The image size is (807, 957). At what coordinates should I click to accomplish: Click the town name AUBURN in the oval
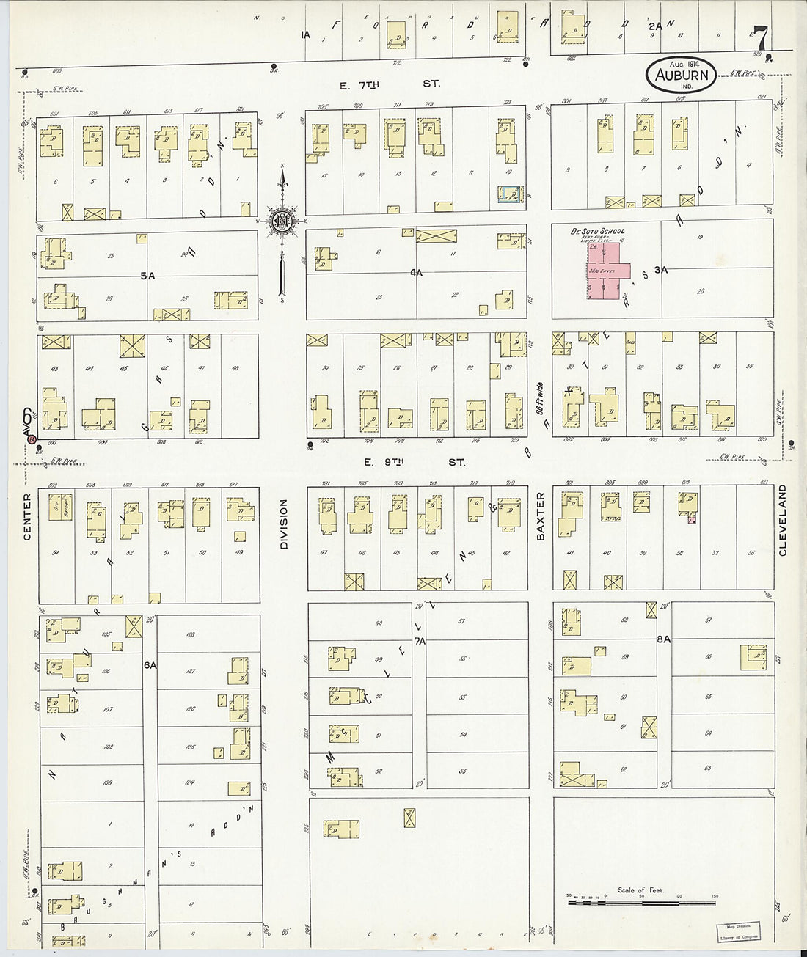tap(682, 74)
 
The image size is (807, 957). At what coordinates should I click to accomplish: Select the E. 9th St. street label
tap(415, 463)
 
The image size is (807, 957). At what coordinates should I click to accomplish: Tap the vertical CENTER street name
tap(28, 517)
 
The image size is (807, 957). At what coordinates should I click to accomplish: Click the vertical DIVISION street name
tap(283, 524)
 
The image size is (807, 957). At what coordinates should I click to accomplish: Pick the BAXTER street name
tap(540, 516)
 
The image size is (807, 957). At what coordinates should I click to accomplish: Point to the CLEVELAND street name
tap(782, 520)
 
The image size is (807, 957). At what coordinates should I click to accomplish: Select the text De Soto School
tap(597, 231)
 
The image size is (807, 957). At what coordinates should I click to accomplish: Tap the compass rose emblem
tap(281, 220)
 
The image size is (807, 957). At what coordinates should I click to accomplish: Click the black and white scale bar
tap(641, 901)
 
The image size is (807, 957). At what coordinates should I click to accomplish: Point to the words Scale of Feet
tap(640, 890)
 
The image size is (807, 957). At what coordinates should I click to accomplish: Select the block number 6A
tap(150, 664)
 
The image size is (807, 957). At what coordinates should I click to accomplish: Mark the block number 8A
tap(663, 639)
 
